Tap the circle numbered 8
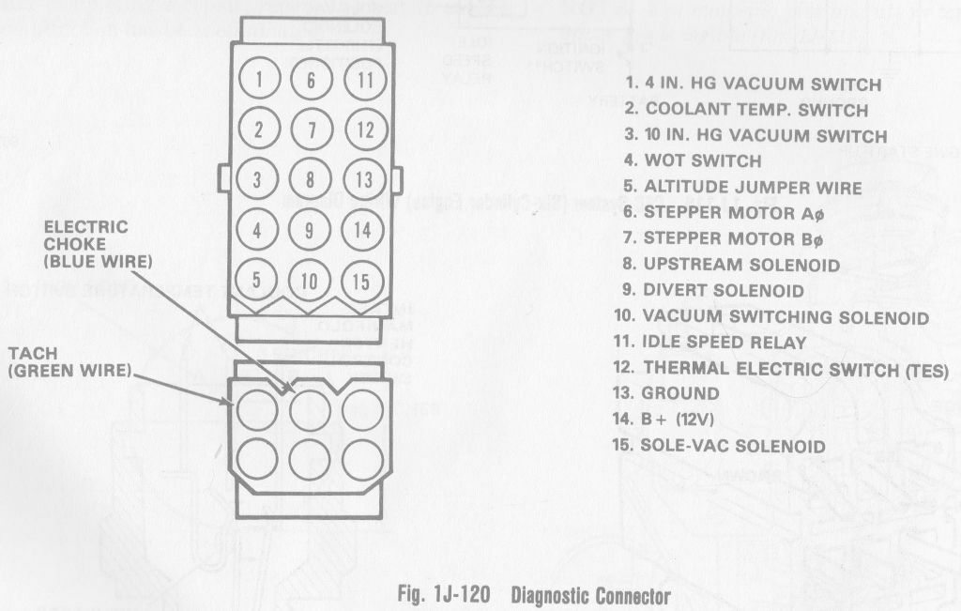click(x=311, y=178)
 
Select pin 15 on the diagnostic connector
click(x=362, y=279)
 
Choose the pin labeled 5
click(x=259, y=278)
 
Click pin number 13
click(x=363, y=179)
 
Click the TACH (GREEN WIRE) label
click(x=68, y=361)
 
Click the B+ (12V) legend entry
click(x=667, y=420)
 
